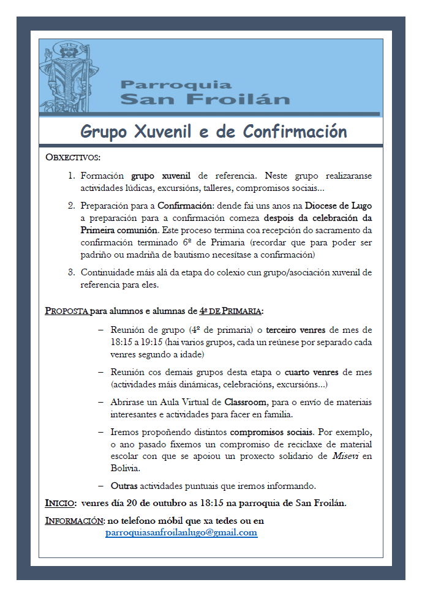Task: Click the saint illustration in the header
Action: (x=68, y=76)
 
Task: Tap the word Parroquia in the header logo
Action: (x=176, y=84)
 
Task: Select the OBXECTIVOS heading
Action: (x=73, y=157)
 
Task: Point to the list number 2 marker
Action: (x=70, y=205)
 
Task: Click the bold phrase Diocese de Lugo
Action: (x=338, y=205)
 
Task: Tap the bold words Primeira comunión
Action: (x=119, y=230)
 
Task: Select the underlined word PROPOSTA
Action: (x=67, y=310)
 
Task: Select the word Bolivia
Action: (x=125, y=469)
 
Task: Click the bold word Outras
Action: (x=124, y=486)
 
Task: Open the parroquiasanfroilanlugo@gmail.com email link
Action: (x=181, y=533)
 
